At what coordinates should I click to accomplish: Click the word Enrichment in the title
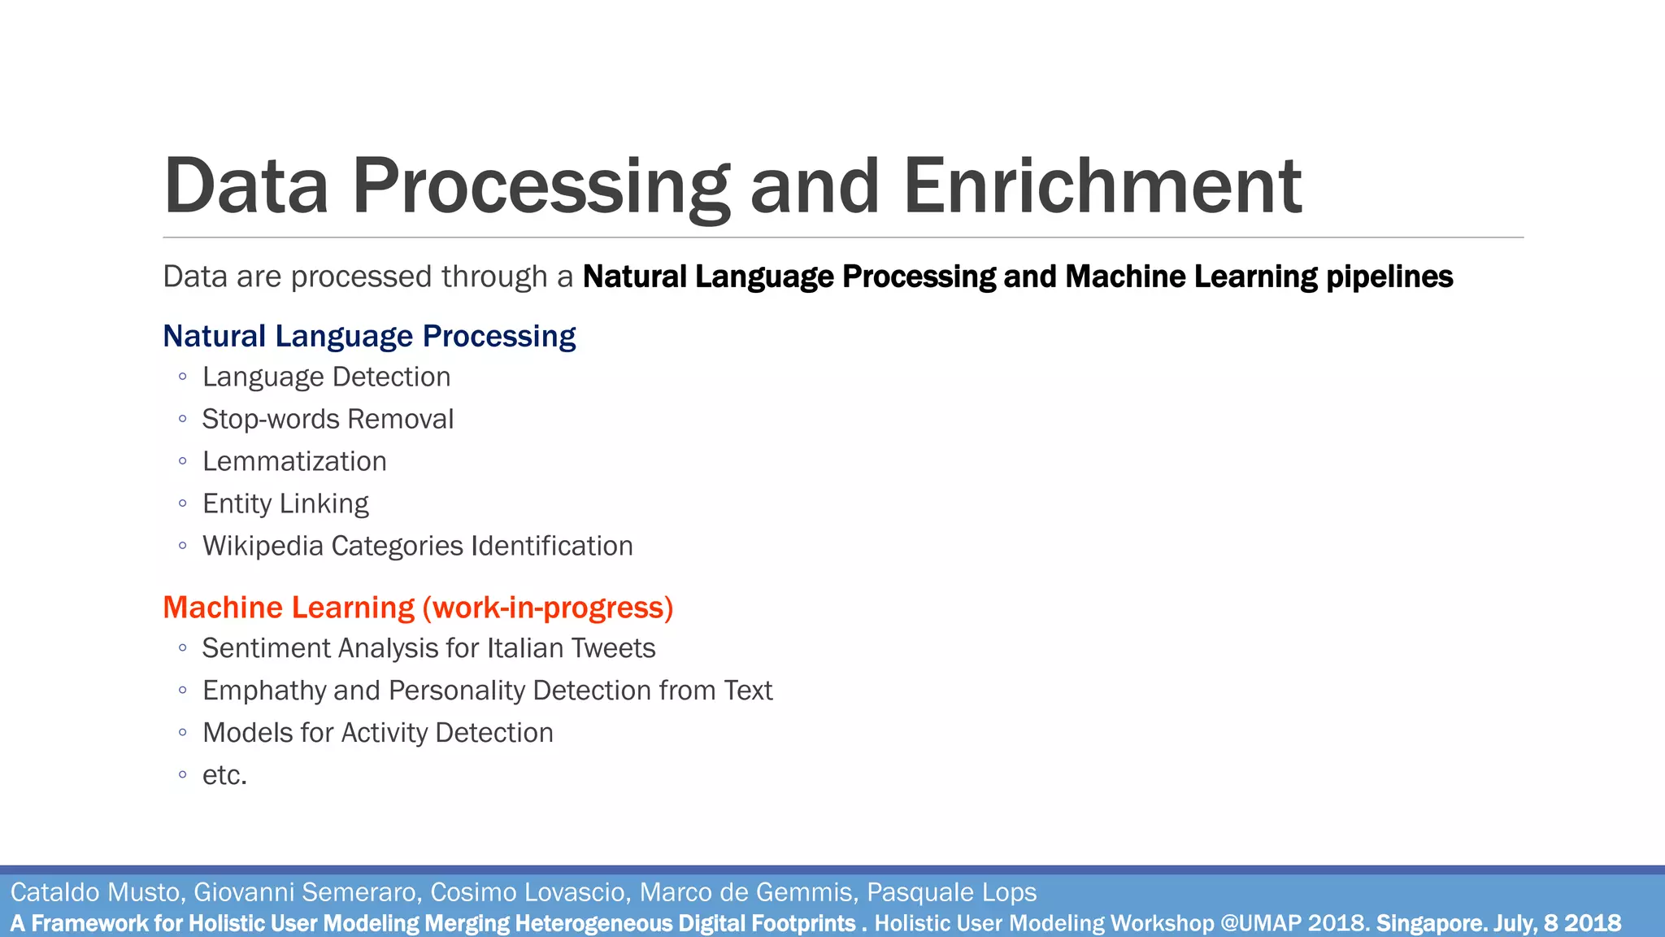click(x=1102, y=186)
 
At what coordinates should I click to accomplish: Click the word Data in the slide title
click(x=246, y=186)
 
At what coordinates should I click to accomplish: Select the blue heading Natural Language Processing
click(x=369, y=336)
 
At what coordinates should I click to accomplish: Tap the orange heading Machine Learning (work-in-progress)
click(x=418, y=608)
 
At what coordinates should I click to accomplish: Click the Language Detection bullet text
click(x=326, y=377)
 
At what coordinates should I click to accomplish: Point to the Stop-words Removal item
click(x=328, y=420)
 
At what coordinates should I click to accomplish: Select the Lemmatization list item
click(x=294, y=462)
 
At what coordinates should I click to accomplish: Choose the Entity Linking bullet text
click(x=285, y=504)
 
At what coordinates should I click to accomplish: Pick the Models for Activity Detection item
click(x=377, y=733)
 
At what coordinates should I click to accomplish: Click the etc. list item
click(x=224, y=776)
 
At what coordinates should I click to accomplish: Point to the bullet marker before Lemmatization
click(x=183, y=461)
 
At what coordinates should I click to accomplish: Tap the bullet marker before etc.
click(x=183, y=774)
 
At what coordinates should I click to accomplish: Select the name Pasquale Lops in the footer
click(x=951, y=892)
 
